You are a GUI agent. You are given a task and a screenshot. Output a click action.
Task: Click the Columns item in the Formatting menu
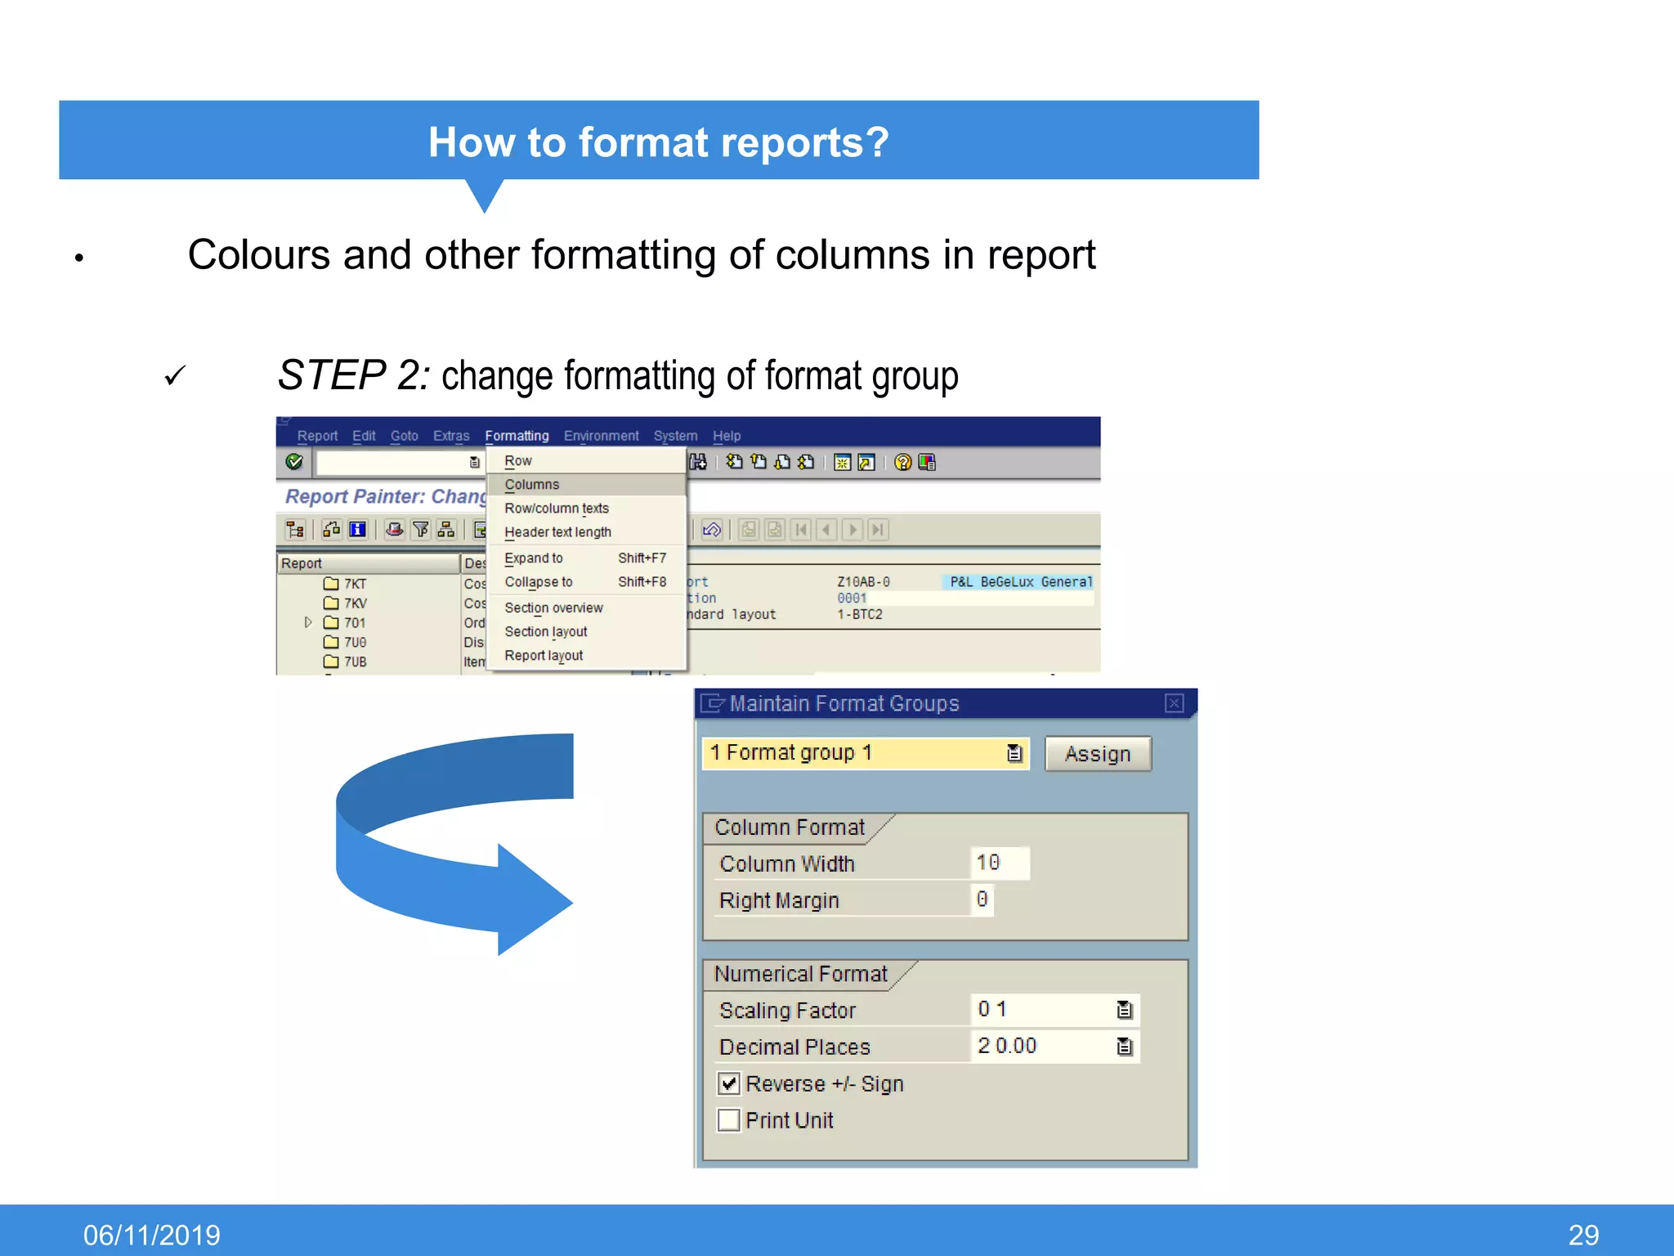pyautogui.click(x=532, y=485)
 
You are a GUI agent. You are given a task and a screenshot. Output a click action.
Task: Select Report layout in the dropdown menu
pyautogui.click(x=544, y=656)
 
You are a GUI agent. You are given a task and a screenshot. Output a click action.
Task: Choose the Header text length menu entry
pyautogui.click(x=557, y=532)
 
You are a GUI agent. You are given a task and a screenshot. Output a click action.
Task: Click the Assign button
pyautogui.click(x=1097, y=754)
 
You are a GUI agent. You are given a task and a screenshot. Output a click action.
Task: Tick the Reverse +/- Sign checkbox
pyautogui.click(x=728, y=1084)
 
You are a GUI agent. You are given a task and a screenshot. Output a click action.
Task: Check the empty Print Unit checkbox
pyautogui.click(x=728, y=1120)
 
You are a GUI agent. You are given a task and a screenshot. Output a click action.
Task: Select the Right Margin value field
pyautogui.click(x=982, y=900)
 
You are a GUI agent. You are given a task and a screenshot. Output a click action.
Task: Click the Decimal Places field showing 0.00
pyautogui.click(x=1046, y=1047)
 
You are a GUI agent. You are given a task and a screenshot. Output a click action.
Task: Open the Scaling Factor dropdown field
pyautogui.click(x=1125, y=1011)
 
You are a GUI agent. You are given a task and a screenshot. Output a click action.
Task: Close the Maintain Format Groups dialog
pyautogui.click(x=1174, y=703)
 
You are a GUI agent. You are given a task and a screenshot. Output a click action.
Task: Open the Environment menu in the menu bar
pyautogui.click(x=601, y=436)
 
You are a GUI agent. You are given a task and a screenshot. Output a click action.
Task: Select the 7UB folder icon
pyautogui.click(x=331, y=662)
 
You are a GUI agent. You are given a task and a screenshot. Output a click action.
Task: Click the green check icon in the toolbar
pyautogui.click(x=294, y=462)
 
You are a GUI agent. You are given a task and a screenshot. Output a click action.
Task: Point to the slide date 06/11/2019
pyautogui.click(x=152, y=1235)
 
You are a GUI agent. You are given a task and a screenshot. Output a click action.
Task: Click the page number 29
pyautogui.click(x=1583, y=1235)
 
